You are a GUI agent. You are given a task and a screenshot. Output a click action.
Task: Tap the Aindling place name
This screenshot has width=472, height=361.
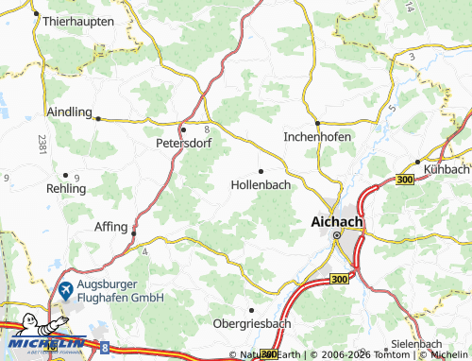(67, 112)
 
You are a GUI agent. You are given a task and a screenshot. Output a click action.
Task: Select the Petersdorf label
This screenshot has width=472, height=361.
(183, 146)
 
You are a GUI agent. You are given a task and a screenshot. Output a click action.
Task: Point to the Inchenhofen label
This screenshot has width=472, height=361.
(317, 137)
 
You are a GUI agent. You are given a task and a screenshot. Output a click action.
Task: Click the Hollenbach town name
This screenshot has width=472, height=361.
(260, 185)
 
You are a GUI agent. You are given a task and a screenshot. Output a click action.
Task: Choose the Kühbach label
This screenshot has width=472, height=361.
(446, 168)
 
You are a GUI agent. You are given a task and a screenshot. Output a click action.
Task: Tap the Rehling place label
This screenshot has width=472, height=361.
(65, 188)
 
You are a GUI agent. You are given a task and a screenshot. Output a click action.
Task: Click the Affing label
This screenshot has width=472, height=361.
(111, 227)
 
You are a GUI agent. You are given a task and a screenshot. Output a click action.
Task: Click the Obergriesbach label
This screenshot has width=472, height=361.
(251, 325)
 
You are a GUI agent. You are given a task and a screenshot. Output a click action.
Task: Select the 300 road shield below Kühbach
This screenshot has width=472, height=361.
(406, 179)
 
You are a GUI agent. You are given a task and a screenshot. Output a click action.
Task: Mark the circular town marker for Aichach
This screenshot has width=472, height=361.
(337, 236)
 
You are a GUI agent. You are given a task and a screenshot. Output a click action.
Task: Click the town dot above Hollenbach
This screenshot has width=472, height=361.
(261, 171)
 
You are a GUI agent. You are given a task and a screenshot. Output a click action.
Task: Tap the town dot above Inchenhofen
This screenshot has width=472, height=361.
(318, 123)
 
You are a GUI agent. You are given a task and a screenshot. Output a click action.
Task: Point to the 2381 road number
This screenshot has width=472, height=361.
(42, 145)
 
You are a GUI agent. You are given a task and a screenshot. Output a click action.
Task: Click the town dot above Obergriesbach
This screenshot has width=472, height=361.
(251, 310)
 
